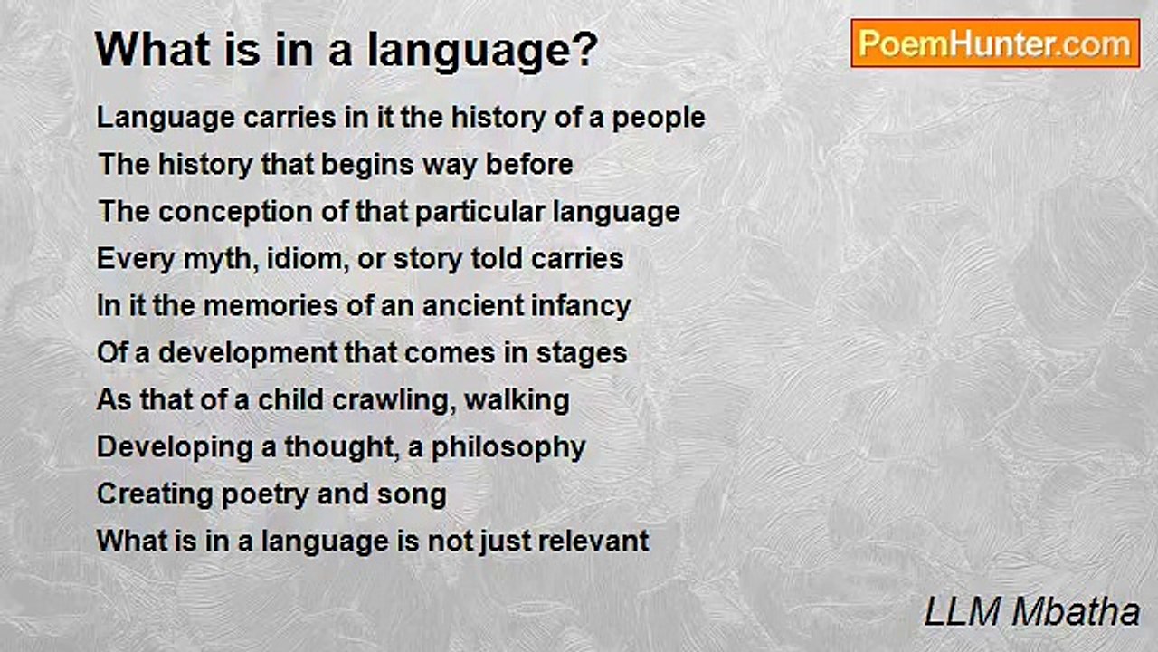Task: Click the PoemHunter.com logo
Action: [995, 43]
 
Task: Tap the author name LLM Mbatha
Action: [1031, 612]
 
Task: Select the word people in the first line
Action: [659, 119]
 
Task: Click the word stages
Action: [582, 353]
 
